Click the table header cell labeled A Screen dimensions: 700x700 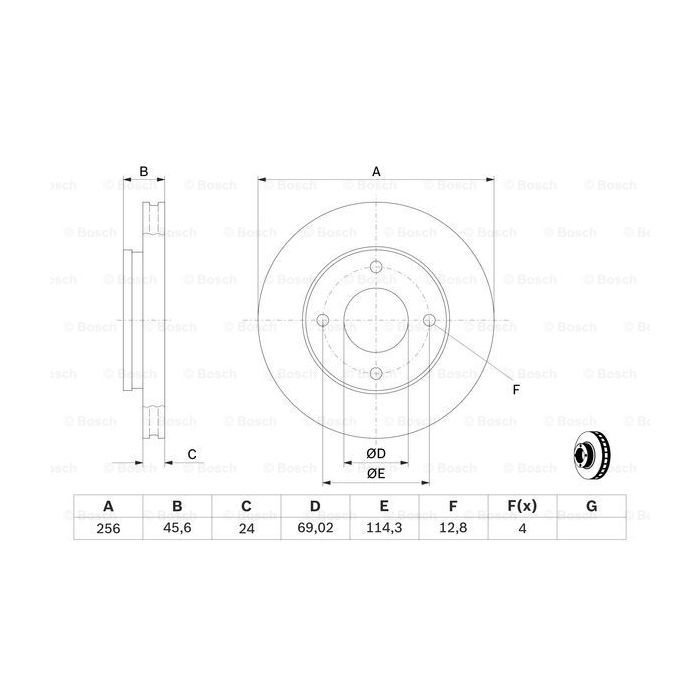[x=107, y=507]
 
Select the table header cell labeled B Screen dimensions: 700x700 [x=176, y=507]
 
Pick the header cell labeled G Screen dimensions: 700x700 [x=591, y=507]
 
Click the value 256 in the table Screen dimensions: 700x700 [x=107, y=530]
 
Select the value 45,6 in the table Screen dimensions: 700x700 [x=176, y=530]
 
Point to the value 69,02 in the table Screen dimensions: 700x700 [x=314, y=530]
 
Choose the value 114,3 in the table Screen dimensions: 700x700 [x=383, y=530]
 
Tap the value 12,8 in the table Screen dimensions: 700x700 [x=453, y=530]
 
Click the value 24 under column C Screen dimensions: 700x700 [x=245, y=530]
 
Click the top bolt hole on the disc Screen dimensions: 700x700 [x=376, y=267]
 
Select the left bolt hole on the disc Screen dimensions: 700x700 [x=323, y=320]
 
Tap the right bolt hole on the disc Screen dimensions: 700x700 [x=429, y=320]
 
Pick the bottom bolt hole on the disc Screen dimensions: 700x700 [x=376, y=373]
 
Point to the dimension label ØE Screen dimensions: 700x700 [x=376, y=474]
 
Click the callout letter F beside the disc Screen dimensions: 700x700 [x=516, y=389]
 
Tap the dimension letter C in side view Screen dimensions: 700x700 [x=191, y=455]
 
